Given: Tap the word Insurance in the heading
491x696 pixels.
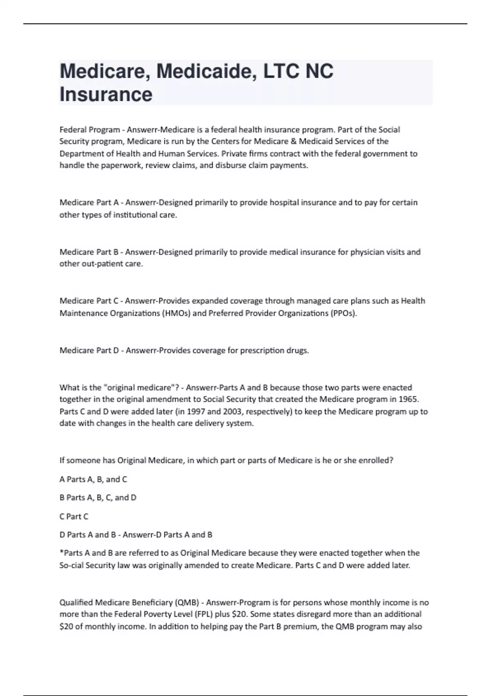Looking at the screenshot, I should point(106,94).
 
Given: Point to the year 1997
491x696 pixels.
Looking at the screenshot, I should point(196,411).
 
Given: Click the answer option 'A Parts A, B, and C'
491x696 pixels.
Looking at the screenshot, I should point(93,479).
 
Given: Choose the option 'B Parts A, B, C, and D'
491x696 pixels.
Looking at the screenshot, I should point(98,497).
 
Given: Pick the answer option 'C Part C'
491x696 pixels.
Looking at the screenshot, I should point(74,516).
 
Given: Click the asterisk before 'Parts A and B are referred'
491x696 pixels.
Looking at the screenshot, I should point(61,552).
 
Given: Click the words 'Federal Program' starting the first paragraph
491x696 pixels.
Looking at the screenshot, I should point(90,130).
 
